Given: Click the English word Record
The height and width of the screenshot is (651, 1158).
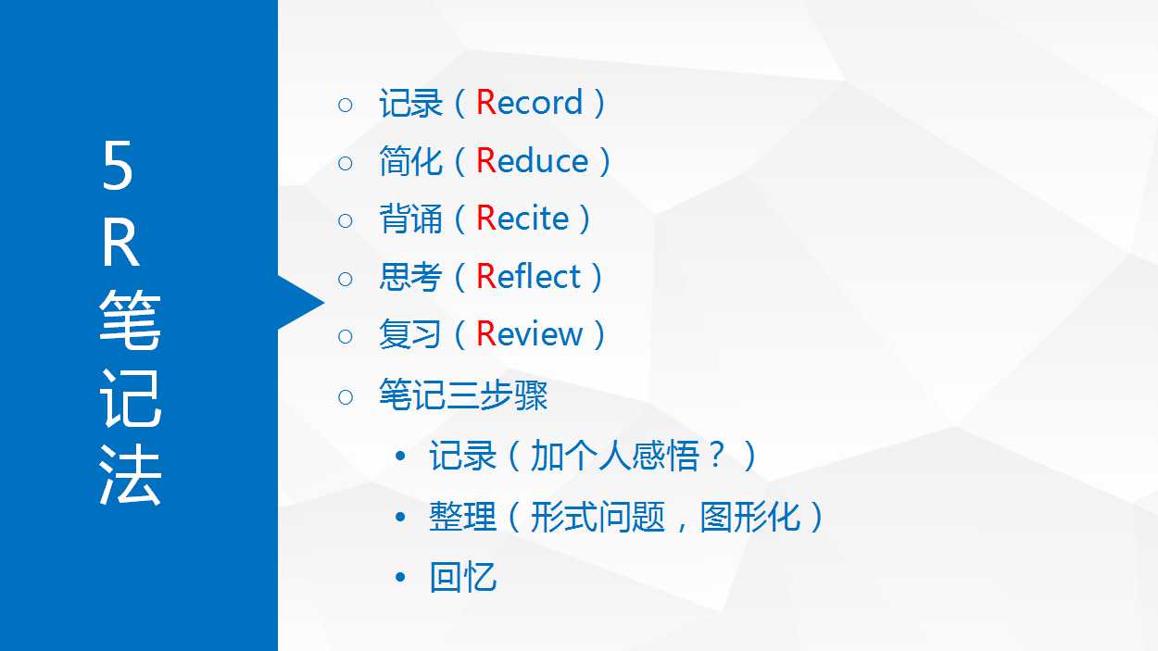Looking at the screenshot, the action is (529, 102).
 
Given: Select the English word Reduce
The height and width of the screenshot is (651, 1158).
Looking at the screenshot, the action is (532, 160).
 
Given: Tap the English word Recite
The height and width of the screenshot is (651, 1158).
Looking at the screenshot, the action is (522, 218).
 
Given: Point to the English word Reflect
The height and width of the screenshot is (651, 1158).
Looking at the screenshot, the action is (528, 276).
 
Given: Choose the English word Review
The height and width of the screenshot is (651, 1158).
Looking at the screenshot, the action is (529, 333).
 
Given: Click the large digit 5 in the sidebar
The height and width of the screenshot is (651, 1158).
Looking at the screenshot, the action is (118, 166).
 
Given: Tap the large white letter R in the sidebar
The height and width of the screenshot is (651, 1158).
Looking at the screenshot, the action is (120, 243).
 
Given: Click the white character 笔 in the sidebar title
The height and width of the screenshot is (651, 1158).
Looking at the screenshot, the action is (130, 319).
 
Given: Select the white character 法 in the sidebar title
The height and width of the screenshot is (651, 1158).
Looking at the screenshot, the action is (130, 474).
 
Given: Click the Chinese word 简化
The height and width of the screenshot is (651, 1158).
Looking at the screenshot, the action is (411, 161).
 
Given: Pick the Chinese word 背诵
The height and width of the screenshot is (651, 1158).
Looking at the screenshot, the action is (411, 219).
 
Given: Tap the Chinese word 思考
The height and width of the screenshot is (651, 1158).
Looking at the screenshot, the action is (411, 276).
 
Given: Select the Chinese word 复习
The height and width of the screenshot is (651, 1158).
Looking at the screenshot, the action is (410, 334).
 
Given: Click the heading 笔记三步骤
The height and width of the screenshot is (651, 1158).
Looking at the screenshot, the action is (463, 395).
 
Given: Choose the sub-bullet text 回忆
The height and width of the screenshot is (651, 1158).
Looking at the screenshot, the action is (463, 577).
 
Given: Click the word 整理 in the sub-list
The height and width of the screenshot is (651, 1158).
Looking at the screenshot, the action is (463, 516).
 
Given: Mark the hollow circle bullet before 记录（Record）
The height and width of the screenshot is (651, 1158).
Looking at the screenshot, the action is (346, 105).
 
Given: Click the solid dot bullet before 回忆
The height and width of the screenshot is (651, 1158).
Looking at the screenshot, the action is (400, 577).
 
